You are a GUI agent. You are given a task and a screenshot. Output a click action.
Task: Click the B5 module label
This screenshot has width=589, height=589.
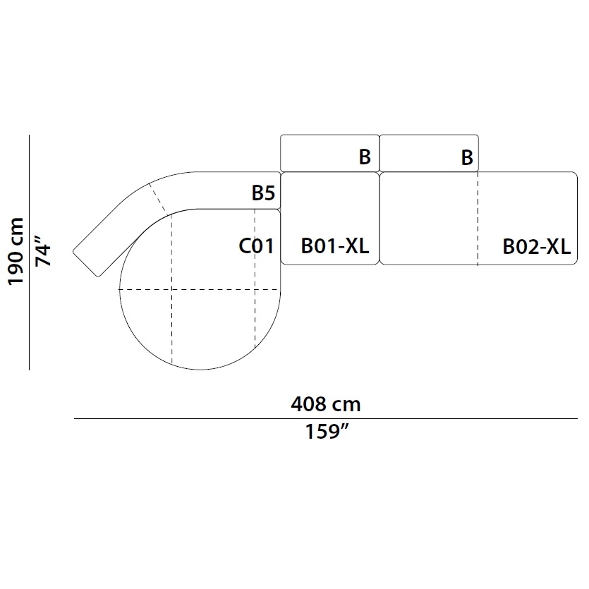263,193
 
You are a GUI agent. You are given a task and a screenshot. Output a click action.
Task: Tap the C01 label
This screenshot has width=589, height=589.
257,246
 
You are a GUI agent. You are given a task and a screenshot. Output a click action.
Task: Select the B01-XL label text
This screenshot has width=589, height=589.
334,246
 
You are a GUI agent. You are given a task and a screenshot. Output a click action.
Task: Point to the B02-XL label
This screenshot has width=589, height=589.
536,247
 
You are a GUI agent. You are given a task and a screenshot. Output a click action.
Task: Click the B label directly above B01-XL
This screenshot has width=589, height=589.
365,157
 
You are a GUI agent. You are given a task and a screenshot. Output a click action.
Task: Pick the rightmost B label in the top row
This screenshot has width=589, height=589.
467,157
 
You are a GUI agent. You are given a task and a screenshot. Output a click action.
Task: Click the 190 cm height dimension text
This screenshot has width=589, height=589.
16,251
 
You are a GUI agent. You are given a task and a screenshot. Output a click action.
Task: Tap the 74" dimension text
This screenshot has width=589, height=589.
42,251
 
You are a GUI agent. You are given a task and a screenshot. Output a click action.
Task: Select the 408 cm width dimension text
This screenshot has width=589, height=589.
326,404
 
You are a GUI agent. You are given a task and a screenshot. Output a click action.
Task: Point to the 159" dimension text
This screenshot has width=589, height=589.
327,431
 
